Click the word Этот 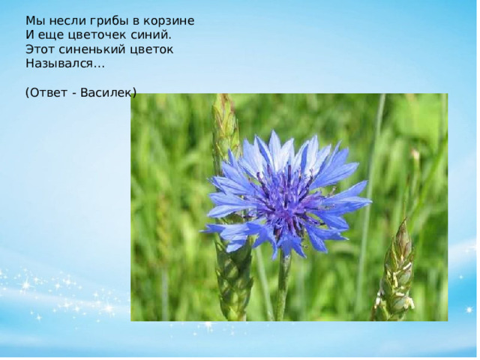click(x=40, y=49)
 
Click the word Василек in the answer click(x=106, y=93)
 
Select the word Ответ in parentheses click(x=48, y=93)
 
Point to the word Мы click(x=35, y=21)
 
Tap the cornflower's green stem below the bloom click(x=283, y=288)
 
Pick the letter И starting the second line click(x=30, y=35)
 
